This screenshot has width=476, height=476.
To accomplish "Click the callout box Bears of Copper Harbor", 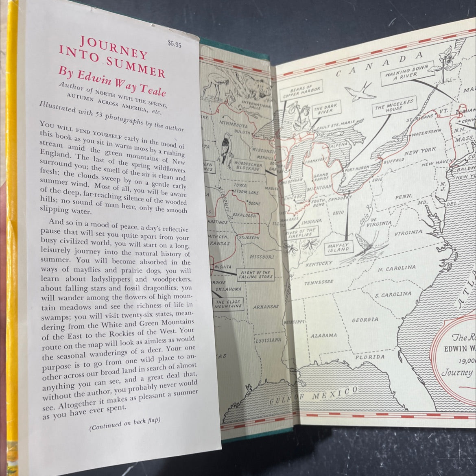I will click(x=305, y=90).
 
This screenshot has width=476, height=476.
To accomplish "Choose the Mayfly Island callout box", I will click(x=339, y=247).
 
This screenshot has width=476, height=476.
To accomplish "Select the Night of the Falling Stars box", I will click(x=255, y=275).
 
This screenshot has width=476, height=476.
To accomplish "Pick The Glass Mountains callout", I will click(x=229, y=304).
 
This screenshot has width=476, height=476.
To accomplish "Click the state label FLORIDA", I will click(x=369, y=357).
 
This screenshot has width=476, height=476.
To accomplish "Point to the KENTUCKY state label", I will click(x=319, y=264).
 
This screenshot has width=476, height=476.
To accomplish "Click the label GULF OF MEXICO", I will click(x=313, y=397).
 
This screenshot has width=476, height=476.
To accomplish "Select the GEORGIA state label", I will click(x=365, y=320).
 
